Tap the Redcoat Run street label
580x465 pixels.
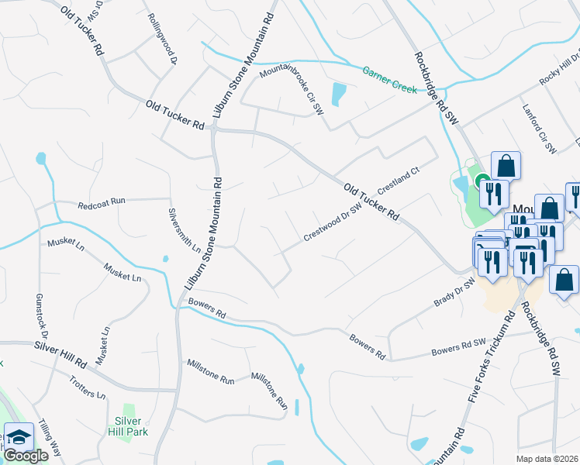coord(101,205)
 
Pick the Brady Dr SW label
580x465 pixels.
coord(454,293)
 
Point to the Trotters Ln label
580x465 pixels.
coord(87,387)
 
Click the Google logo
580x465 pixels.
coord(25,456)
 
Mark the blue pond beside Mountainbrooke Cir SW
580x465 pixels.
coord(339,95)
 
